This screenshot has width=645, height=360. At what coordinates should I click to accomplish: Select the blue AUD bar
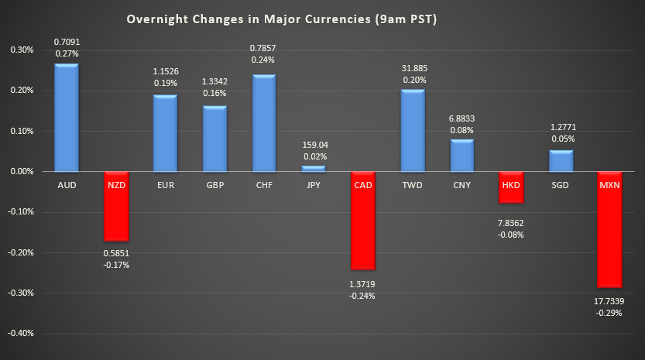tap(66, 118)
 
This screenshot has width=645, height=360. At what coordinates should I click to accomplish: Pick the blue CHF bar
tap(263, 123)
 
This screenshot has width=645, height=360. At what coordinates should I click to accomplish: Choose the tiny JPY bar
tap(313, 168)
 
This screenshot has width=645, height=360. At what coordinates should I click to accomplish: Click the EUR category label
tap(164, 187)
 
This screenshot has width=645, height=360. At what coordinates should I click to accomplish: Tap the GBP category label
tap(214, 187)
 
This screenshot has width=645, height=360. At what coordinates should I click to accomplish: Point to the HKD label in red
tap(511, 187)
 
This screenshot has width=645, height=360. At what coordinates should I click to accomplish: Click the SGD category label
tap(561, 187)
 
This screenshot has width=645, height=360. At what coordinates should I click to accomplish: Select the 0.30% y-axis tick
tap(21, 50)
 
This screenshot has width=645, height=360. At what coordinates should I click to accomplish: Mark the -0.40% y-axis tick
tap(19, 334)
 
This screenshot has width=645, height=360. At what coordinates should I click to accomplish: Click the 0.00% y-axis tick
tap(21, 171)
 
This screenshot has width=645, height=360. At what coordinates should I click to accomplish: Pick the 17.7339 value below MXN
tap(610, 301)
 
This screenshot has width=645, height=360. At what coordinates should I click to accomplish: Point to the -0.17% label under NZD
tap(115, 264)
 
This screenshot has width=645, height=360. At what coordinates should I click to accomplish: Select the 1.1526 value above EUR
tap(164, 70)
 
